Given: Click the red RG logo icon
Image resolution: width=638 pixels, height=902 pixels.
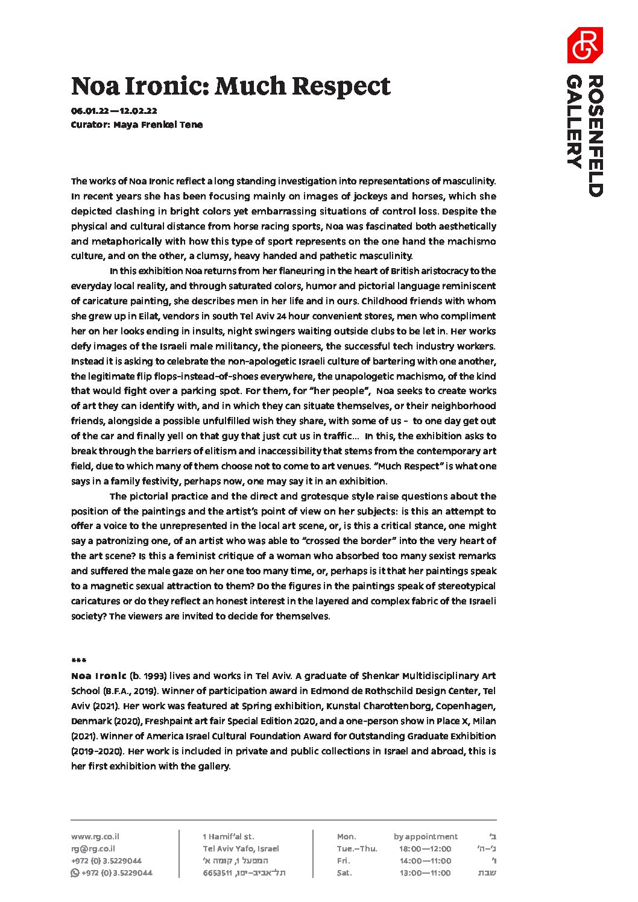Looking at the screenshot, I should (584, 45).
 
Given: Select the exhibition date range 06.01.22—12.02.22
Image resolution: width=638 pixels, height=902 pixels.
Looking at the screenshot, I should (114, 111).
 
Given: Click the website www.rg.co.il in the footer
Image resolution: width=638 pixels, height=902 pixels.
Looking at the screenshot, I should (95, 836).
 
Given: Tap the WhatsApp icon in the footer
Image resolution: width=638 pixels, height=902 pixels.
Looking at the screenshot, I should (75, 872).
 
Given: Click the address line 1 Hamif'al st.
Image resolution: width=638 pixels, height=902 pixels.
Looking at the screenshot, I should (229, 836).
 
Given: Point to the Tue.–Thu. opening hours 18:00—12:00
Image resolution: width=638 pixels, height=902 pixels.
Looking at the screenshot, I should (425, 848).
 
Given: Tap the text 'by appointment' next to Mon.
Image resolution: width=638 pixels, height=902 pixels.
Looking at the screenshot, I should (426, 836).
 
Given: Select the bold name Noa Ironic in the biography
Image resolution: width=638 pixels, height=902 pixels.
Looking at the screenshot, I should (99, 676).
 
